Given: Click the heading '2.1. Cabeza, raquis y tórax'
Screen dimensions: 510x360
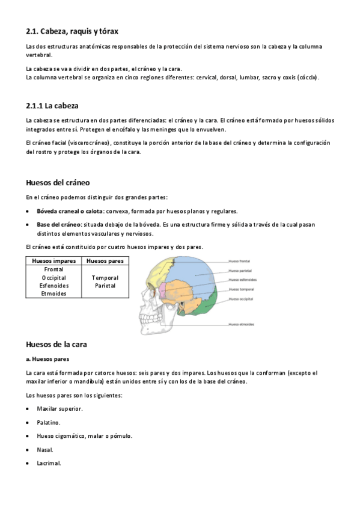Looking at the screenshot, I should (x=76, y=31).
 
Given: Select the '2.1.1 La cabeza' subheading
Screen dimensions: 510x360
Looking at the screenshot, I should (x=52, y=106).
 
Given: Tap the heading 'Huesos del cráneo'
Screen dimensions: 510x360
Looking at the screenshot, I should (x=58, y=182).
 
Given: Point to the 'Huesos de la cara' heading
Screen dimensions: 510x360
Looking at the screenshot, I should (x=57, y=345).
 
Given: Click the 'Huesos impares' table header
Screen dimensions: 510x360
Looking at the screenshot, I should (x=53, y=261).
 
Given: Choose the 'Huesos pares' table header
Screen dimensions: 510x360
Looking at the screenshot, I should (x=105, y=261).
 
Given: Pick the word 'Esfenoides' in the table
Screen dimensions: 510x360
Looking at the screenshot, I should (x=53, y=286).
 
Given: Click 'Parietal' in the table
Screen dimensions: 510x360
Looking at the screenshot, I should (x=105, y=286).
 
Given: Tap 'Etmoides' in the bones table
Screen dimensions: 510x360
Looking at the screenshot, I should (x=53, y=293).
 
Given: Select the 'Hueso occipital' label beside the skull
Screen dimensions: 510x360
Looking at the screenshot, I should (x=242, y=298).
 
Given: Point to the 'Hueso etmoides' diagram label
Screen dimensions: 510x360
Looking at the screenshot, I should (x=242, y=325).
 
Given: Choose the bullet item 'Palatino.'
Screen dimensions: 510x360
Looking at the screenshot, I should (x=49, y=422).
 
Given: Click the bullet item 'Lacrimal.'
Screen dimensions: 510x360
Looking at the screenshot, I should (x=49, y=463).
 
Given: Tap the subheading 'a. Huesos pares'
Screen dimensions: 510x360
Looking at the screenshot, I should (x=47, y=359).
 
